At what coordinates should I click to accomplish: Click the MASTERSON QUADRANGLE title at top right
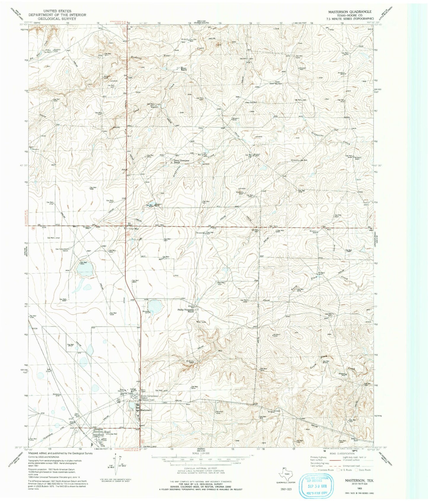pyautogui.click(x=350, y=12)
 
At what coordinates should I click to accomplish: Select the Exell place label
pyautogui.click(x=107, y=432)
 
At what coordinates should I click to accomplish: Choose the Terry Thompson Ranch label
pyautogui.click(x=181, y=162)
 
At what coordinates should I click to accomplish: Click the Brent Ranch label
pyautogui.click(x=184, y=69)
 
